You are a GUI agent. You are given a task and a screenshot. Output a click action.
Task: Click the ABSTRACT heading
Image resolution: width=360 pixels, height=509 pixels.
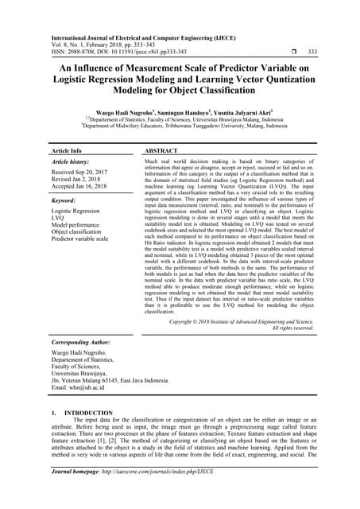162,150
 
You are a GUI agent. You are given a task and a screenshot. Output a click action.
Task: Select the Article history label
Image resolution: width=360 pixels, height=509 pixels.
72,162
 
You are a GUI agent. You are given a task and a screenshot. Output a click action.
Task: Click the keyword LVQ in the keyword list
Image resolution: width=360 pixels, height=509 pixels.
59,219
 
